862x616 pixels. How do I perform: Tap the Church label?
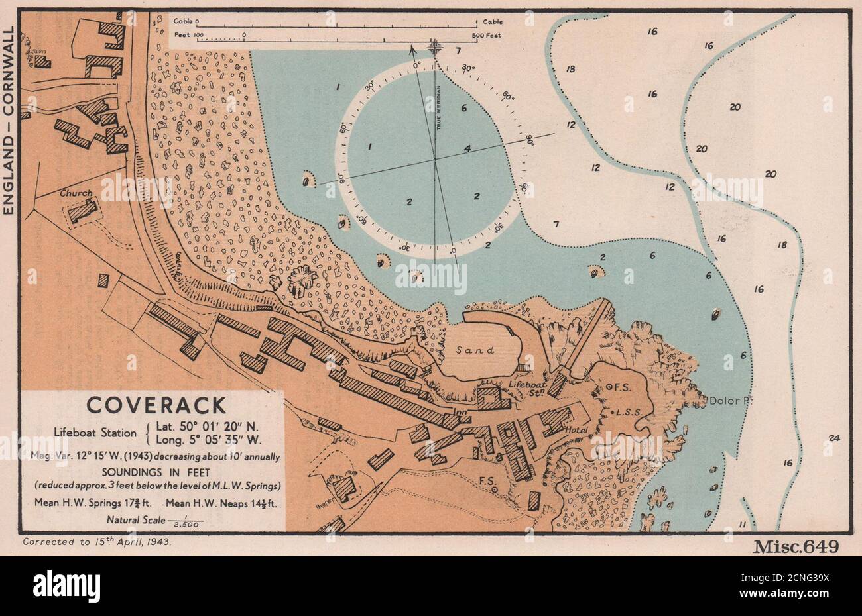[x=76, y=194]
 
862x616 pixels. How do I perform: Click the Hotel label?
[x=578, y=431]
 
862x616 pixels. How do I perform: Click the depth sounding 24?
[x=833, y=438]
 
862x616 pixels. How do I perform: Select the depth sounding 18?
[x=782, y=245]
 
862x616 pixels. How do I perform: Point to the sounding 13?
[x=570, y=69]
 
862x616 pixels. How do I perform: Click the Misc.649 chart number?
[x=796, y=546]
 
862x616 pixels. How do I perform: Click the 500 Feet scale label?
[x=485, y=34]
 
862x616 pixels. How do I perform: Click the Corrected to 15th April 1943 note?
[x=97, y=542]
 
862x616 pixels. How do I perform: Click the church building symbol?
[x=83, y=211]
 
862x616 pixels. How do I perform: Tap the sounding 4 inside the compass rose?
[x=467, y=149]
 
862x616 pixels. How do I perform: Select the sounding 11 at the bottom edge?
[x=743, y=525]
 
